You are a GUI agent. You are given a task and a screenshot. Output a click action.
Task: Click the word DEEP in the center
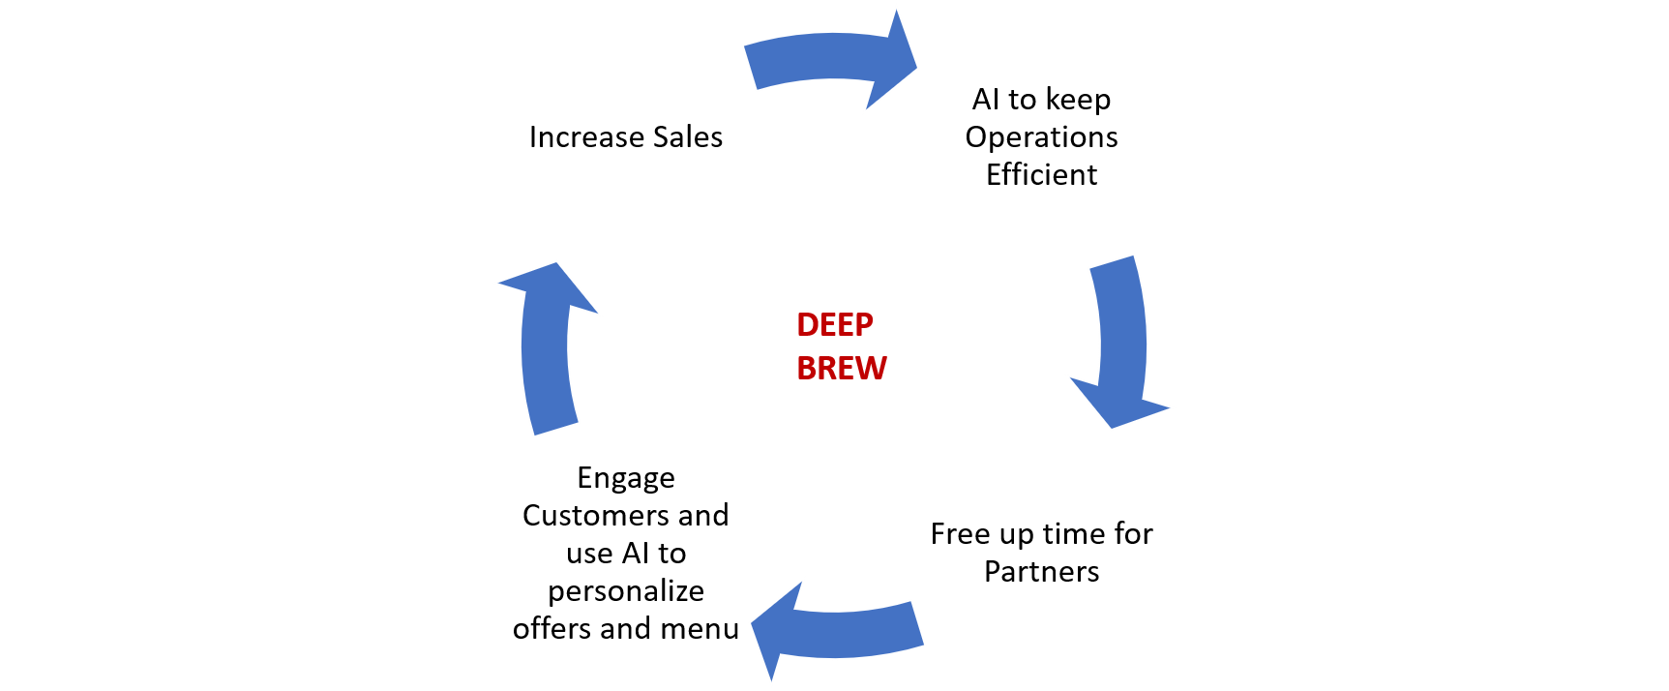point(835,325)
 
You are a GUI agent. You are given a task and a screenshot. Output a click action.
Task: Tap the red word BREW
point(842,369)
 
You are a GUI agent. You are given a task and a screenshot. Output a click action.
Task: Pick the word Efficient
point(1041,175)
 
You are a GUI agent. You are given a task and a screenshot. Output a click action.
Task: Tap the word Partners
point(1041,572)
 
